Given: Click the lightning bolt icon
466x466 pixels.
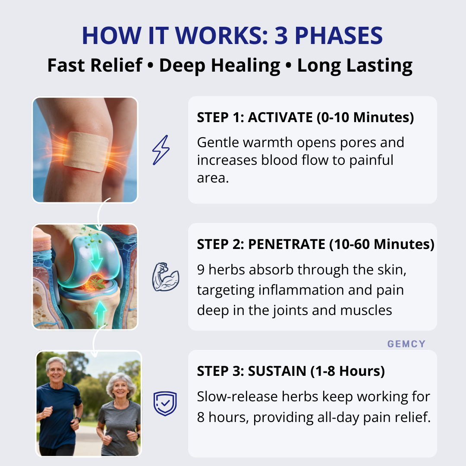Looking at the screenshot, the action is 161,150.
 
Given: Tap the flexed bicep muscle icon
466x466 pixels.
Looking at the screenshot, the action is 166,277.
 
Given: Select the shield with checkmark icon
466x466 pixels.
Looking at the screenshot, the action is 165,403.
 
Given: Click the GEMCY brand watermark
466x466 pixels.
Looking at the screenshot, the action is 406,344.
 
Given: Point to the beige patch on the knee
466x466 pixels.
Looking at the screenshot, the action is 86,151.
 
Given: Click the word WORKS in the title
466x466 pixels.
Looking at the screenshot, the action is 221,36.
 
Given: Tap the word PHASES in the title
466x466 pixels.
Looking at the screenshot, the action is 339,36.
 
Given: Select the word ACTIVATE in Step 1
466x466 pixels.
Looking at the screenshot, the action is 280,117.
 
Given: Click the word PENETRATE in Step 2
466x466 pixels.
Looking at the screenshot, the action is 287,244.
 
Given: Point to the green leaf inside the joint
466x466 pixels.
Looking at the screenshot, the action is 98,283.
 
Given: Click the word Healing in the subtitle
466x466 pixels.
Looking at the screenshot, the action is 246,66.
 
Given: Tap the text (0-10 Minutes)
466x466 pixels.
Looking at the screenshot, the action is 365,117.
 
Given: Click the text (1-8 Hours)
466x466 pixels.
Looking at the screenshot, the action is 347,371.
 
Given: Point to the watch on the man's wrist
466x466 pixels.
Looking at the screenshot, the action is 78,420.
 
